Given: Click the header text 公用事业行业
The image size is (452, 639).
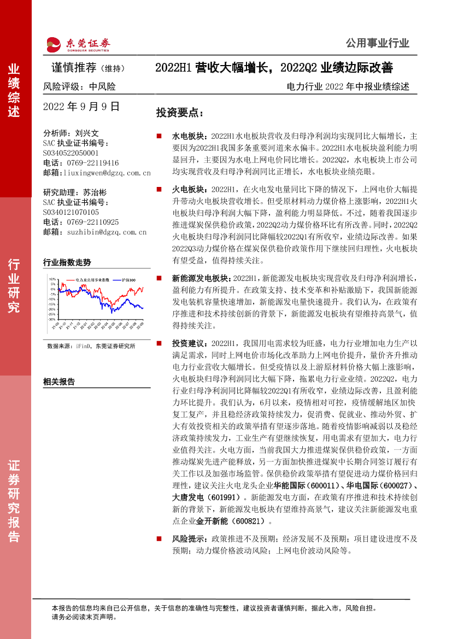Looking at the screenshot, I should tap(377, 43).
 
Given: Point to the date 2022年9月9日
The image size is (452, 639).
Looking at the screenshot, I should tap(81, 107).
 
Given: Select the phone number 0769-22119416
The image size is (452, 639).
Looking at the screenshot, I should tap(88, 163).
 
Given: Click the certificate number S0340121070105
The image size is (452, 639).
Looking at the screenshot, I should tap(71, 212).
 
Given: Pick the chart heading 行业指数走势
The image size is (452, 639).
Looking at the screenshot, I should tap(67, 262).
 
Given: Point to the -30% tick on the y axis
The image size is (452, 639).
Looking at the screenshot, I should tap(52, 319).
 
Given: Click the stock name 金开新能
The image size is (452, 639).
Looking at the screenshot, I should tap(212, 521).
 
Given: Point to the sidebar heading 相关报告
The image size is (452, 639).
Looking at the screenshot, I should tap(59, 382).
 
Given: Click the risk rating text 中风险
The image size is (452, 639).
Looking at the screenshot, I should tap(102, 86).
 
